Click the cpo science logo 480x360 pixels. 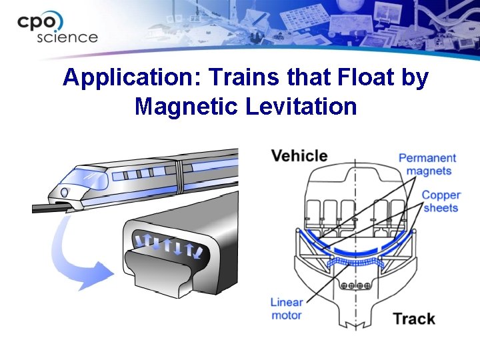coord(57,28)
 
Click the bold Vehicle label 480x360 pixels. coord(299,156)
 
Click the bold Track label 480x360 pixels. coord(414,319)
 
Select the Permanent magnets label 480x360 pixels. coord(427,164)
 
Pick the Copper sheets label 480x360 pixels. coord(441,201)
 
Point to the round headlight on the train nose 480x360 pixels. coord(64,193)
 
